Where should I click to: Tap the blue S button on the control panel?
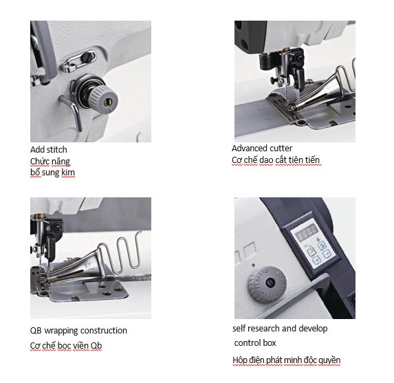tap(322, 245)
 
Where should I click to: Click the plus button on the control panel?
tap(316, 259)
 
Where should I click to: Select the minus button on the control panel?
tap(327, 254)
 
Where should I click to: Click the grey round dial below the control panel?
tap(267, 284)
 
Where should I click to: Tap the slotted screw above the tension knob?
tap(89, 57)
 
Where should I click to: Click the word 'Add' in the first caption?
tap(36, 150)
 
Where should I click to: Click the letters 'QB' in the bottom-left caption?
tap(36, 331)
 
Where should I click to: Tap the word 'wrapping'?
tap(61, 331)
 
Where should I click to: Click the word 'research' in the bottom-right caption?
tap(263, 329)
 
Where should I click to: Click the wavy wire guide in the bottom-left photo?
tap(122, 252)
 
